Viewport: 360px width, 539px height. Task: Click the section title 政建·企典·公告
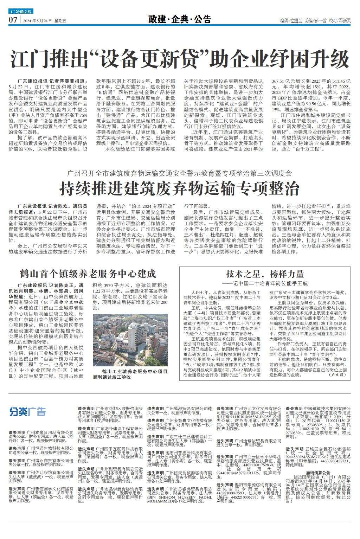tap(180, 19)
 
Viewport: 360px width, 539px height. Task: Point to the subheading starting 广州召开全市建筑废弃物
tap(179, 173)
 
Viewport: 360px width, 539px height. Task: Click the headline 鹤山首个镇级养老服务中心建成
tap(88, 273)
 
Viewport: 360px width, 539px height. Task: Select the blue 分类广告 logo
tap(28, 411)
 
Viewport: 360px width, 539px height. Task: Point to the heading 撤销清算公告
tap(318, 473)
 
